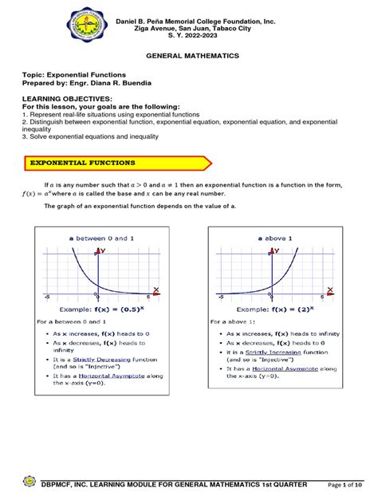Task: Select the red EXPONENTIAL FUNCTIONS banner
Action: [116, 163]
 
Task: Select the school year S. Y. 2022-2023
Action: [189, 35]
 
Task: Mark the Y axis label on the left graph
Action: [102, 250]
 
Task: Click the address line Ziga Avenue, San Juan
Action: [189, 26]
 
